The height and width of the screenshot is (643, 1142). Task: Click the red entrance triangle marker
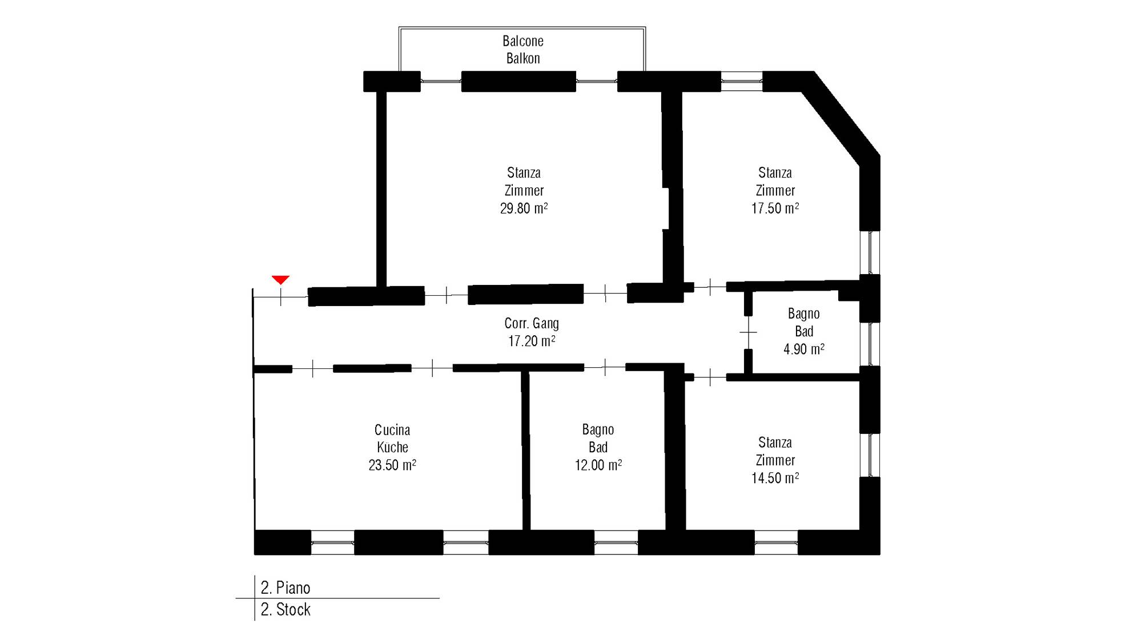280,279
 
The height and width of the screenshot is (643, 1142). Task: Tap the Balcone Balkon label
523,50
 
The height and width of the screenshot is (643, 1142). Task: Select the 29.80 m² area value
524,208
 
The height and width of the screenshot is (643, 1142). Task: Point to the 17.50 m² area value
775,208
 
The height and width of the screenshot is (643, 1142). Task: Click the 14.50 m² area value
775,478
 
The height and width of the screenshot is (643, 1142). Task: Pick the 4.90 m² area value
803,349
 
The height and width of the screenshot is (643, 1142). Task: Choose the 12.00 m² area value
598,465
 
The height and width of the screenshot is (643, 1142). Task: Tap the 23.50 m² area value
392,465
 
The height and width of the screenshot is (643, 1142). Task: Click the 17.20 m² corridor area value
532,341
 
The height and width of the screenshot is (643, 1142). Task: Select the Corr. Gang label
532,323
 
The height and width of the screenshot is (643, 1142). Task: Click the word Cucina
392,429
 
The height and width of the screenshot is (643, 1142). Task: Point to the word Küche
392,447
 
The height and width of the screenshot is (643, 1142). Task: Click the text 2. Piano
285,588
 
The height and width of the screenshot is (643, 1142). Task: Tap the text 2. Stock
285,609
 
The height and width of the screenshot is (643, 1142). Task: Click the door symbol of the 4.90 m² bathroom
748,332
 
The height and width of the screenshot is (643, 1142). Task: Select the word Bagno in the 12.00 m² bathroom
598,429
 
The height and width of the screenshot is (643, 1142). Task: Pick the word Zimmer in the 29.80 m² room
524,190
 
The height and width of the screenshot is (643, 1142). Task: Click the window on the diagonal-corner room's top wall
742,81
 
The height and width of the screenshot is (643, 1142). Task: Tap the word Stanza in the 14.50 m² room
775,443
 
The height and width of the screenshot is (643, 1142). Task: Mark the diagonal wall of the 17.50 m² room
841,119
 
